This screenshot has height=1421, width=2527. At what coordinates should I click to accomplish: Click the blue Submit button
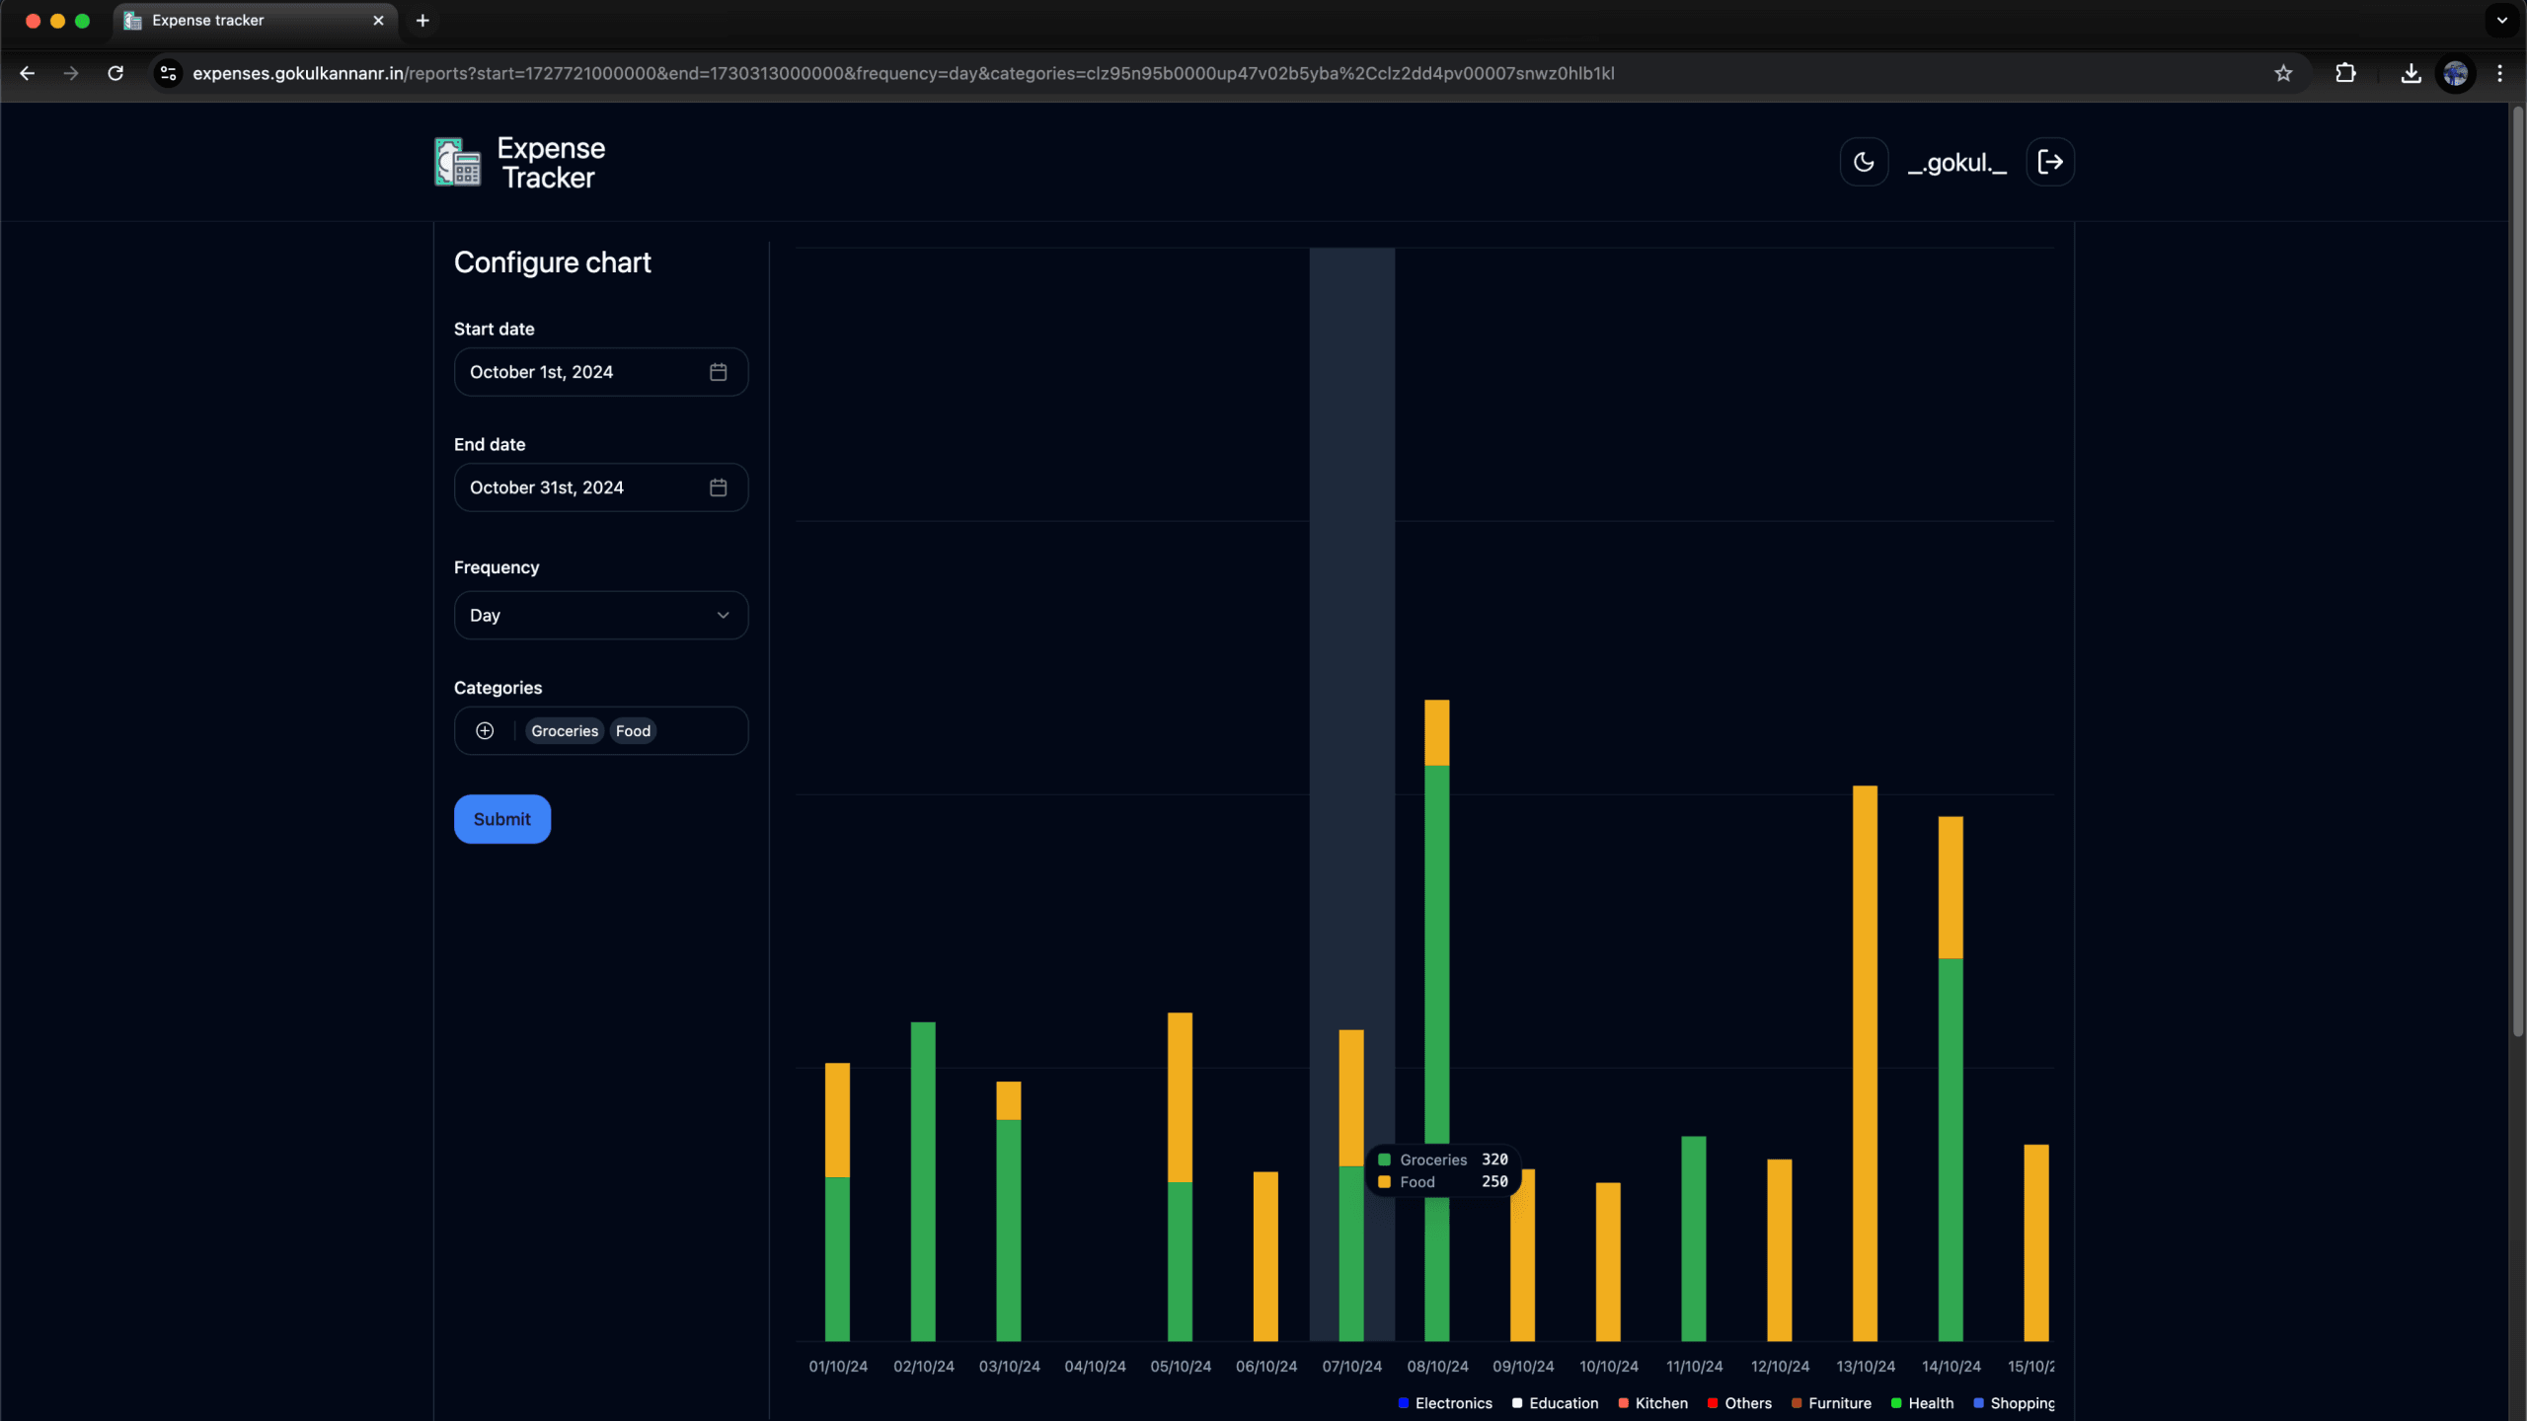(501, 819)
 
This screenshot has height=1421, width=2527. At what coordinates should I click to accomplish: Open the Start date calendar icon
(718, 372)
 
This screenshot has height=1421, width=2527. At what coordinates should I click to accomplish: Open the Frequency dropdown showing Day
(600, 615)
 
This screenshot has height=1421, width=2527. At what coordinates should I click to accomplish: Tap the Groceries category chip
(564, 731)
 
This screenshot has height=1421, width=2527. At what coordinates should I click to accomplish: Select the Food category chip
(633, 731)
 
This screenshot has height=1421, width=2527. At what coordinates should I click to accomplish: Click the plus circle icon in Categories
(485, 731)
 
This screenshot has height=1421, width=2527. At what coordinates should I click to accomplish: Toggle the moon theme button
(1864, 162)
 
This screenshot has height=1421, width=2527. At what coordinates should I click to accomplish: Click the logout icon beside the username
(2050, 162)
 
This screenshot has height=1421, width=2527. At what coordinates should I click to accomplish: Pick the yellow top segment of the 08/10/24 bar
(1437, 732)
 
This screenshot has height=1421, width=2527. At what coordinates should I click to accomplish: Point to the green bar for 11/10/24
(1694, 1237)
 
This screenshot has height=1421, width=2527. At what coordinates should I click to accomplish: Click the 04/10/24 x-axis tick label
(1095, 1367)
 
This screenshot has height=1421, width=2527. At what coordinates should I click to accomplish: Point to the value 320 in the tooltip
(1494, 1159)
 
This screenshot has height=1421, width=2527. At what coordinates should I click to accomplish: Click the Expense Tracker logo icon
(458, 163)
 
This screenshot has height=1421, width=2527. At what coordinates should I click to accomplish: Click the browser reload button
(115, 73)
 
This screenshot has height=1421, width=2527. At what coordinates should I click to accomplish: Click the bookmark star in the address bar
(2283, 73)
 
